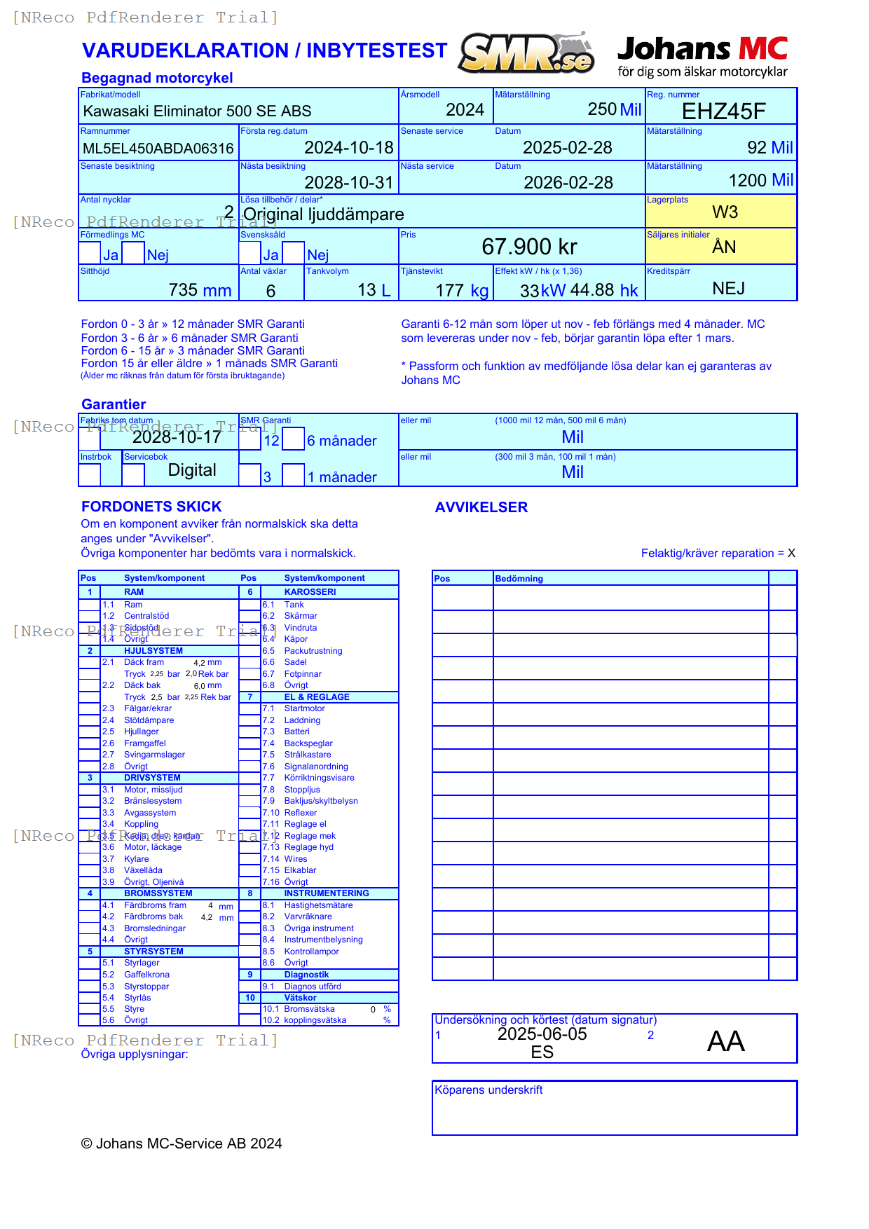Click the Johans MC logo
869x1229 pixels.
point(702,56)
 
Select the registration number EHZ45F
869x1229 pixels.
point(723,111)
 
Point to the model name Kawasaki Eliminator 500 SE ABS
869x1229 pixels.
point(197,111)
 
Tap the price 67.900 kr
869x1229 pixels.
point(529,247)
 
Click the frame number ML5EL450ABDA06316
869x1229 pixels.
point(158,149)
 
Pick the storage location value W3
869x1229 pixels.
point(725,212)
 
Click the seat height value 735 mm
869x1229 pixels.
point(200,290)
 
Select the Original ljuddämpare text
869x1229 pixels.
point(323,214)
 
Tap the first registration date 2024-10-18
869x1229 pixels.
point(348,148)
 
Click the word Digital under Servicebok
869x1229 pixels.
point(192,470)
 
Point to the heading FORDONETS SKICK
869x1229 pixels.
point(151,507)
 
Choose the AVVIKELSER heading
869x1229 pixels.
point(481,507)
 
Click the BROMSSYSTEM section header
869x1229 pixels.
point(158,893)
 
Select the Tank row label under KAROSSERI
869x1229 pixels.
point(294,605)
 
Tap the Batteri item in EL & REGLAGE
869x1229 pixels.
point(296,732)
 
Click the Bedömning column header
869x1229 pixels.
point(519,579)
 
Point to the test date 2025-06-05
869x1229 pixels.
point(542,1034)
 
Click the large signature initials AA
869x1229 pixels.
point(725,1041)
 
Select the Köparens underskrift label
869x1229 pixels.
point(488,1090)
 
